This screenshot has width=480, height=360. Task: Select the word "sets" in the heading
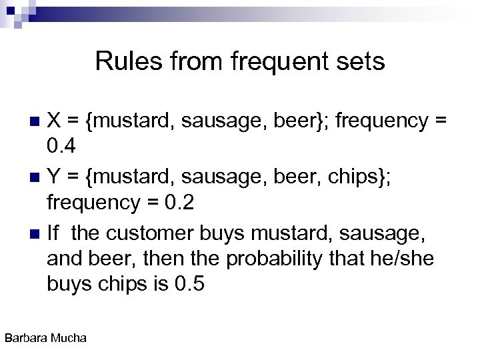(361, 61)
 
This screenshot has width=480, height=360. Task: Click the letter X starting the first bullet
(55, 121)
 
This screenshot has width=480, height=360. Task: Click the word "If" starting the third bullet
(53, 233)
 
